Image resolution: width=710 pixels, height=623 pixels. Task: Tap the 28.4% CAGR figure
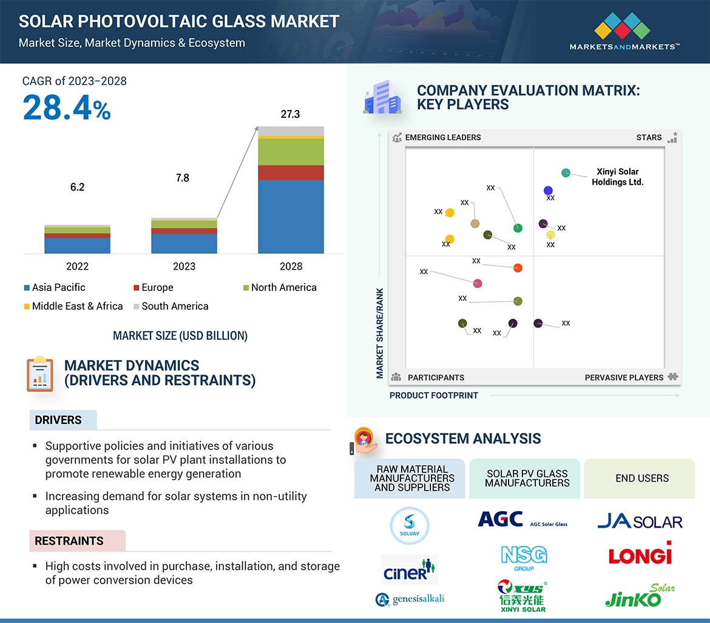tap(67, 107)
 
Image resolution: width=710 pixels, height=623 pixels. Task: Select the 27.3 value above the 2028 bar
tap(290, 114)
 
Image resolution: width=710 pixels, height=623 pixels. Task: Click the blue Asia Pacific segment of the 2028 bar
tap(291, 216)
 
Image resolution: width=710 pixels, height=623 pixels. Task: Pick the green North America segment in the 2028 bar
tap(291, 152)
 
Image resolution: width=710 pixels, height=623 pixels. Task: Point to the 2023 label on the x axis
tap(184, 267)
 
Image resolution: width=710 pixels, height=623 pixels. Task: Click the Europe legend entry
tap(157, 288)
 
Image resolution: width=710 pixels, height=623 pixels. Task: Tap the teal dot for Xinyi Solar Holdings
tap(566, 173)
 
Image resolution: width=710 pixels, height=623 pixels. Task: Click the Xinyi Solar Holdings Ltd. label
tap(617, 177)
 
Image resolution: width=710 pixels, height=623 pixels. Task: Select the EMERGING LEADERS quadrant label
tap(442, 138)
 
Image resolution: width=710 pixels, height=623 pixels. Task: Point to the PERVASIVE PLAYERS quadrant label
tap(624, 378)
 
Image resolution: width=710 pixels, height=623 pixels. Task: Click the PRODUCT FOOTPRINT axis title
tap(434, 395)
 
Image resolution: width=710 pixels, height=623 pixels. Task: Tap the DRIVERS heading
tap(58, 420)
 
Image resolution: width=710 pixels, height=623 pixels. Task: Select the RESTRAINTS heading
tap(69, 541)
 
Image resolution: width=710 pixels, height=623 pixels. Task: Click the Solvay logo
tap(410, 526)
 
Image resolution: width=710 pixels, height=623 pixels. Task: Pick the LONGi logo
tap(640, 554)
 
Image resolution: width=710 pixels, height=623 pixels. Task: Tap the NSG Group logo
tap(524, 557)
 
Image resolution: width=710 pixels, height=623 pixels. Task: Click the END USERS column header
tap(642, 478)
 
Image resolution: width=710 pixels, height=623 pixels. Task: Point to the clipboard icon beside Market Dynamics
tap(40, 373)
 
